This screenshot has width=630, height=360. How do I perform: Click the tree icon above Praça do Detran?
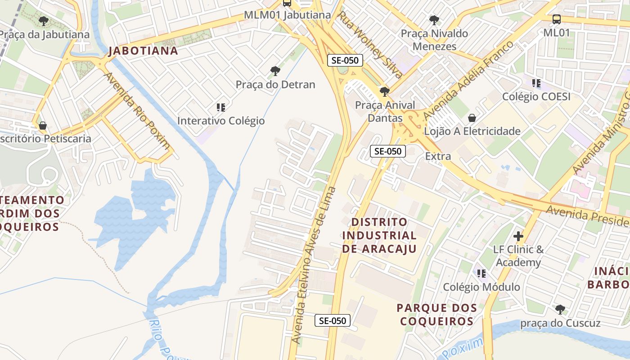click(275, 71)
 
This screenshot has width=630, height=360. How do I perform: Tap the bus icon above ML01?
click(557, 19)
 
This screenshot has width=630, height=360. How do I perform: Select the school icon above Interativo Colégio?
click(220, 107)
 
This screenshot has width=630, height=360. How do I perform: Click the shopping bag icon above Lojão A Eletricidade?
click(472, 118)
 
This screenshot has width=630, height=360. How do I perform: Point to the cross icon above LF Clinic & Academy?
click(518, 236)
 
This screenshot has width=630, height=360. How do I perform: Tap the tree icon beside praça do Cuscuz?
click(560, 309)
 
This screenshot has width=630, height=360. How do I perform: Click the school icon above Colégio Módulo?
click(481, 273)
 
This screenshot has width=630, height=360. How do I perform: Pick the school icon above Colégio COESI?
click(536, 83)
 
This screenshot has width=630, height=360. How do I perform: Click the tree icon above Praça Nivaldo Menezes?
click(434, 20)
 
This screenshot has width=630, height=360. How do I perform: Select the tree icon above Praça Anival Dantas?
click(384, 92)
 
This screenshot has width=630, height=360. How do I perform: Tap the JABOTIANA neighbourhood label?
click(144, 51)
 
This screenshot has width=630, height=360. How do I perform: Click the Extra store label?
click(438, 156)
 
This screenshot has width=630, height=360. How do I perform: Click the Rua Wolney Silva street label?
click(370, 45)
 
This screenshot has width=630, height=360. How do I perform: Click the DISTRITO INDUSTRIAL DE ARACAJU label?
click(379, 235)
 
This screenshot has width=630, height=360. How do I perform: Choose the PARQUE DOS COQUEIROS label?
click(436, 315)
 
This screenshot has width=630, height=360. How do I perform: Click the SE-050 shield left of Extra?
click(387, 151)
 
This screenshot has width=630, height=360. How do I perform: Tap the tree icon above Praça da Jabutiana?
click(44, 21)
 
